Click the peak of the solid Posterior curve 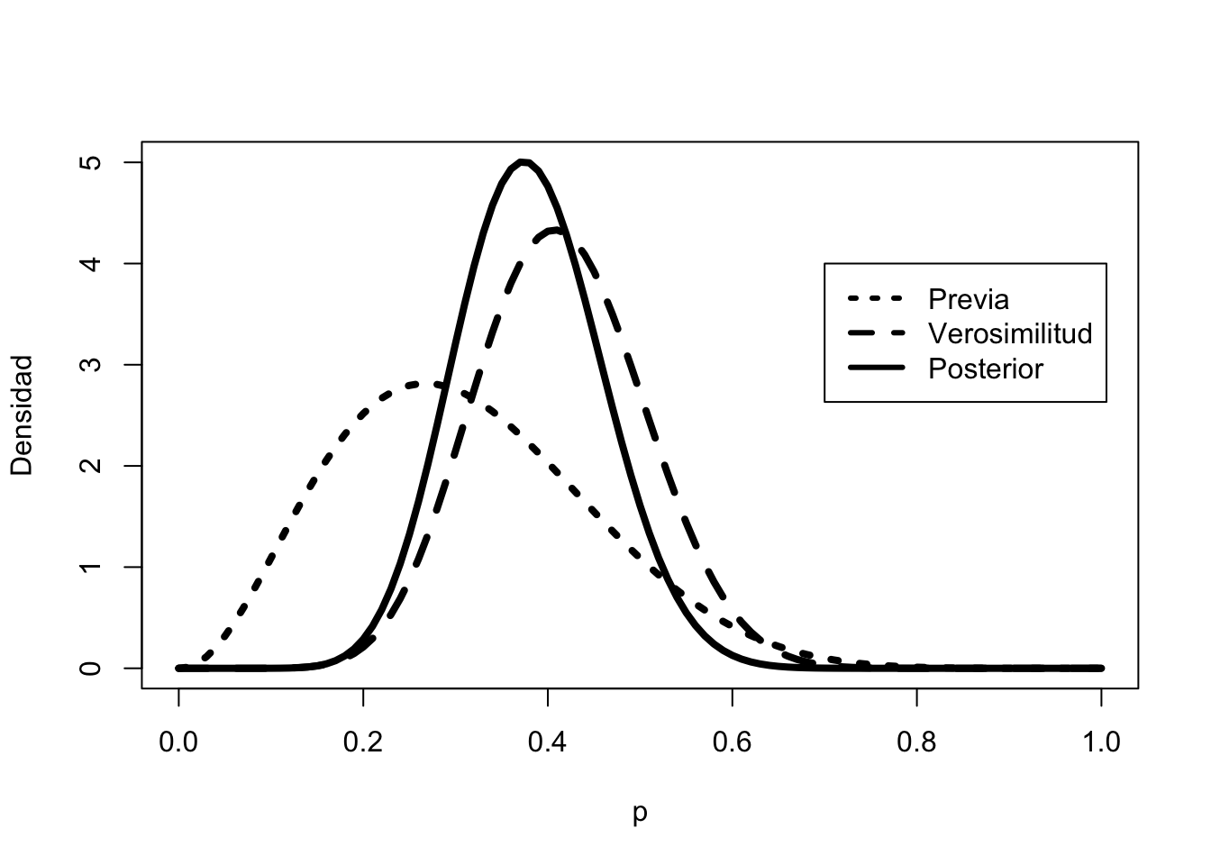(524, 162)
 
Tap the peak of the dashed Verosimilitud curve (557, 231)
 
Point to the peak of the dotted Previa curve (416, 384)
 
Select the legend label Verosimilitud (1010, 333)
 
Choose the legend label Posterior (986, 369)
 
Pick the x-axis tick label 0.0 (178, 742)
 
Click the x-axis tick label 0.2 (363, 742)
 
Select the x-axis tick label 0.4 (548, 742)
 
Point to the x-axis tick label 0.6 (733, 742)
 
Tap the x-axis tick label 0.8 (916, 742)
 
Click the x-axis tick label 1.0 (1101, 742)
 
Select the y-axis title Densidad (22, 414)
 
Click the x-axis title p (640, 812)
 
